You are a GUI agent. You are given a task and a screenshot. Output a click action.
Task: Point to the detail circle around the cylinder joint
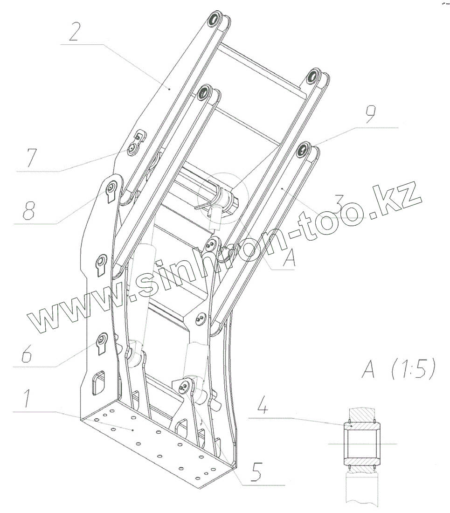tap(219, 198)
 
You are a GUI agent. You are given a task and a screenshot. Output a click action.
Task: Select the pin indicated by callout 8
tap(111, 187)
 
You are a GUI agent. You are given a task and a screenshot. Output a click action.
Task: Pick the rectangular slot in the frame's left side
tap(99, 382)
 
